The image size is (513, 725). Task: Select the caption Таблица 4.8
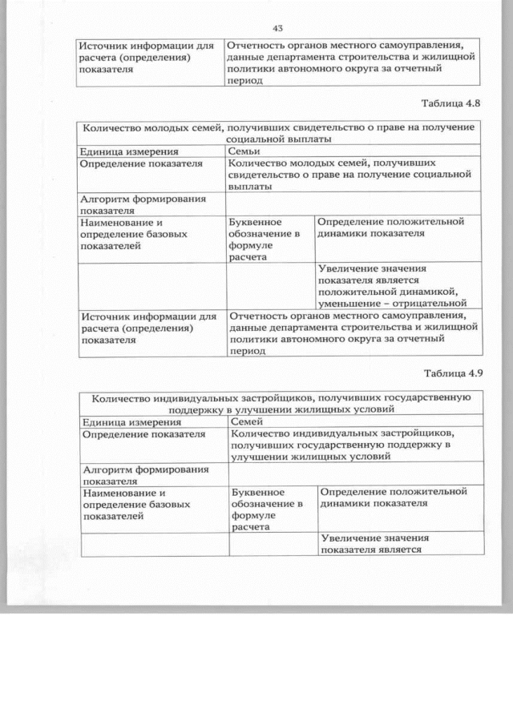tap(450, 104)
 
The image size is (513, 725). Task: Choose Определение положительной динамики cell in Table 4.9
tap(393, 497)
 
